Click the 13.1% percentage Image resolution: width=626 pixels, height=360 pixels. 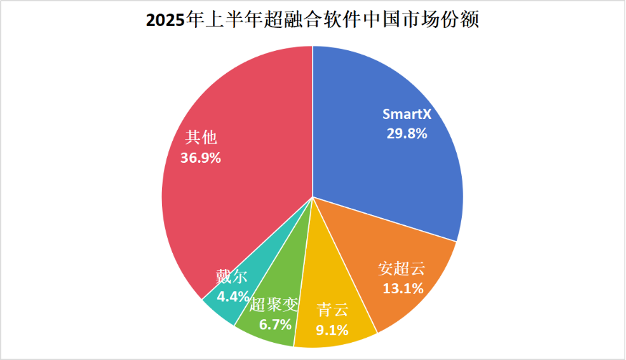pos(402,288)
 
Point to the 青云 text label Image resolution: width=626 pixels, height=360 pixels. pos(332,311)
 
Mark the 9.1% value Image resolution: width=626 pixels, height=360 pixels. pos(332,330)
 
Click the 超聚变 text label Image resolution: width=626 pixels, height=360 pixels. pos(273,305)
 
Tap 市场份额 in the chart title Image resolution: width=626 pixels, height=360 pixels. pos(444,20)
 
